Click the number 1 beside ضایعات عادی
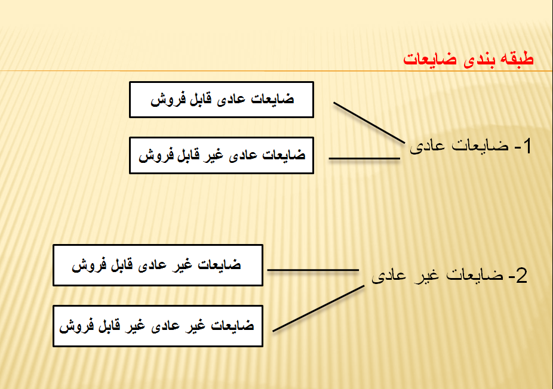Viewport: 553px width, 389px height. click(527, 146)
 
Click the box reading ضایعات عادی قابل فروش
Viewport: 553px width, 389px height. click(222, 100)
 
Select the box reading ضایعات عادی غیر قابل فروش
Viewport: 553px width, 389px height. click(222, 155)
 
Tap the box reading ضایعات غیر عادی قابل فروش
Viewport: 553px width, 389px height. click(158, 265)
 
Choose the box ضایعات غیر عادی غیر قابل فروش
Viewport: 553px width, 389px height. click(158, 326)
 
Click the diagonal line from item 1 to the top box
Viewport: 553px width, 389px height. click(369, 123)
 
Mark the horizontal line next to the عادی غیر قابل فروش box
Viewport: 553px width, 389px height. click(364, 159)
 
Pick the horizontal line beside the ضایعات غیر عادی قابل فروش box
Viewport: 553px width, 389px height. click(313, 270)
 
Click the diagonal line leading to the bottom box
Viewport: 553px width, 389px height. click(318, 308)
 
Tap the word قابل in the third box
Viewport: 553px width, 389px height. click(122, 265)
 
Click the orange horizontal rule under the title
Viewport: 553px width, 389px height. click(276, 71)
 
